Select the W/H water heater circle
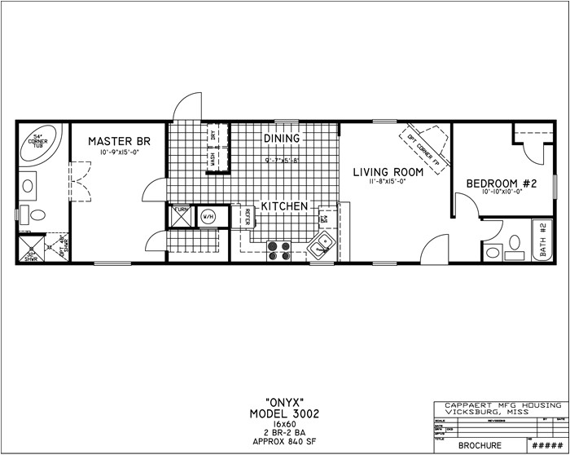click(207, 217)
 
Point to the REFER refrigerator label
click(246, 217)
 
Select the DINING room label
click(282, 139)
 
